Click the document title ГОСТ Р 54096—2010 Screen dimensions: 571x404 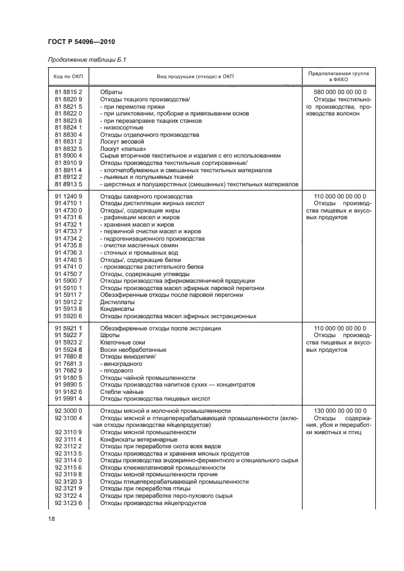pyautogui.click(x=81, y=42)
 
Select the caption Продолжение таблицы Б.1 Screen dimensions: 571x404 pyautogui.click(x=87, y=59)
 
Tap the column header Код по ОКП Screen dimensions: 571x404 pyautogui.click(x=68, y=76)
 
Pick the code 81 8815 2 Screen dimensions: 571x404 pyautogui.click(x=68, y=92)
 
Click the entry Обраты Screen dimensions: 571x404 pyautogui.click(x=111, y=92)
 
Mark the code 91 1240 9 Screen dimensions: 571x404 pyautogui.click(x=68, y=197)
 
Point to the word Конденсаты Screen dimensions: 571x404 pyautogui.click(x=118, y=309)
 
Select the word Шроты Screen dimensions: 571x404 pyautogui.click(x=110, y=335)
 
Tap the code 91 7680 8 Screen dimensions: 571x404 pyautogui.click(x=68, y=357)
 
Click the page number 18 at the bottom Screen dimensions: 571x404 pyautogui.click(x=51, y=518)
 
